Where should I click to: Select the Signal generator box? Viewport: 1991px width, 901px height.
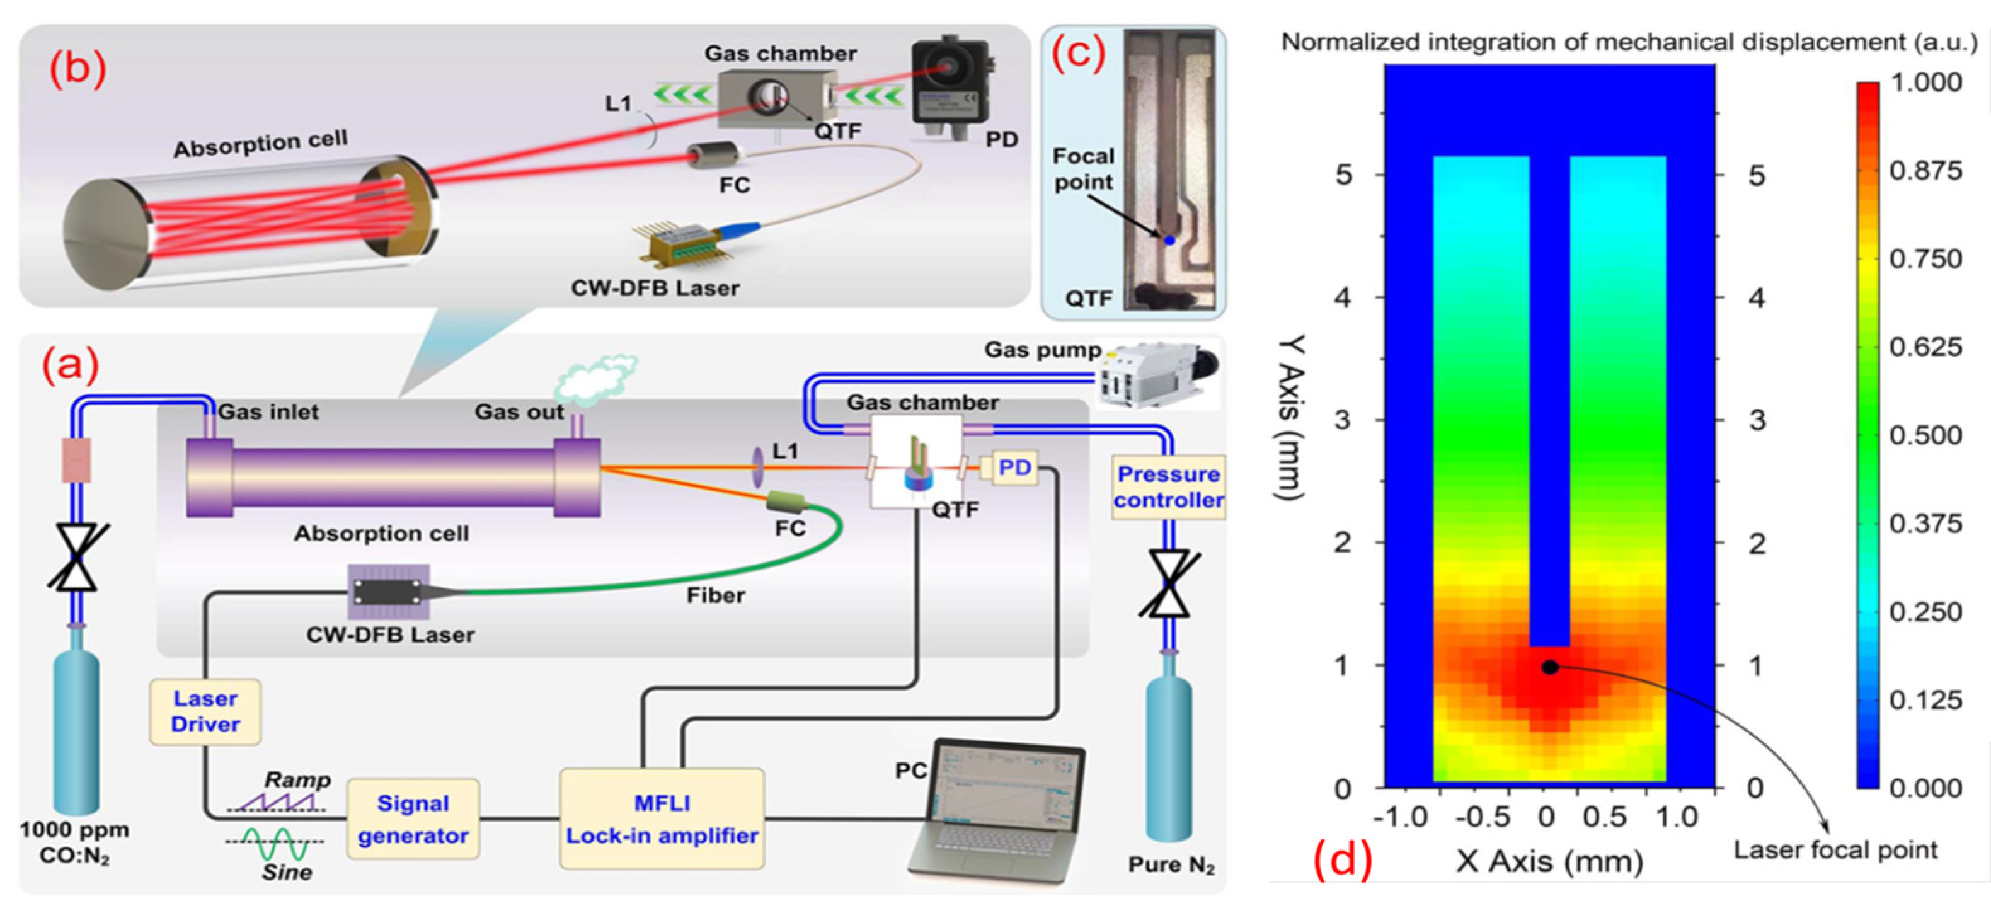tap(413, 819)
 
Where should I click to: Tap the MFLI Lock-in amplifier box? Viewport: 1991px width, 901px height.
tap(662, 819)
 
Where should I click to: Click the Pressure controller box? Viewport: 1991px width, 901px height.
tap(1169, 487)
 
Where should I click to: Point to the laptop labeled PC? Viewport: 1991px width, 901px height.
tap(997, 812)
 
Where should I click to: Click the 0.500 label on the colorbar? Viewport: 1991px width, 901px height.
tap(1925, 435)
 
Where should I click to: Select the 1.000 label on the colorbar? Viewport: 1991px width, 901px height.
tap(1925, 81)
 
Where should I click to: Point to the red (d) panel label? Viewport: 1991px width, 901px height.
tap(1343, 859)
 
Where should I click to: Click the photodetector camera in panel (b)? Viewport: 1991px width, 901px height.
tap(951, 85)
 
